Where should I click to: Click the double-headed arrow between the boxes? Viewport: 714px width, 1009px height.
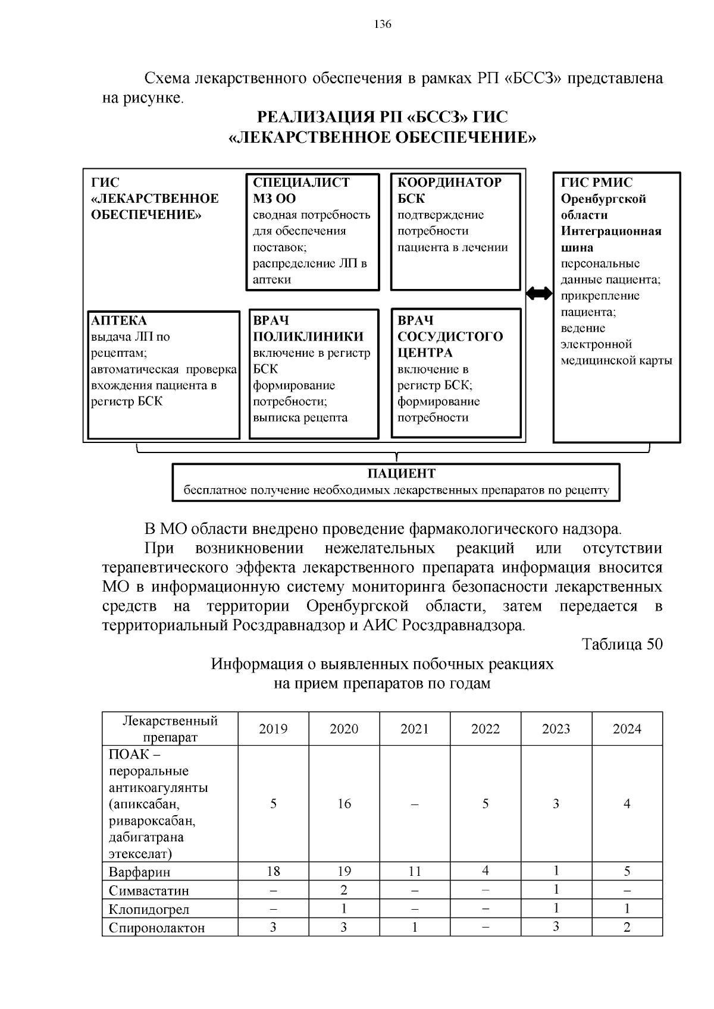tap(539, 293)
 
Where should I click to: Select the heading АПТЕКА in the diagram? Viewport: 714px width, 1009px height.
tap(118, 320)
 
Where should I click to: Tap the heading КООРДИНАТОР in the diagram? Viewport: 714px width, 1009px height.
tap(449, 182)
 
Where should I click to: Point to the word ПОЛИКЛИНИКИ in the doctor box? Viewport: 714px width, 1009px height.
tap(308, 337)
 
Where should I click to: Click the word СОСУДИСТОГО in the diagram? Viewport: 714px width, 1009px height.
tap(450, 337)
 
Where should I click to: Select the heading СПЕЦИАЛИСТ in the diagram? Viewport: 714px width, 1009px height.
tap(301, 182)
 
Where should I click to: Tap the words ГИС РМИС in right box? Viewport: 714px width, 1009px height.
tap(597, 183)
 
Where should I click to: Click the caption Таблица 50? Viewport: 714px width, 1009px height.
tap(621, 644)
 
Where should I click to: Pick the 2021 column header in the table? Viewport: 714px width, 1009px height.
tap(415, 729)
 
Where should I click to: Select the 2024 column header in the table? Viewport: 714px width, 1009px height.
tap(627, 729)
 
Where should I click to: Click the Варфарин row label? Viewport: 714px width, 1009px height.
tap(139, 872)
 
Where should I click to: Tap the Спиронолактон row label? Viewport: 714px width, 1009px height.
tap(156, 928)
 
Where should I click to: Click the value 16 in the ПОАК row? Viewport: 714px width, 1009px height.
tap(344, 803)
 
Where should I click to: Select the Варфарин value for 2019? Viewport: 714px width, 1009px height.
tap(273, 871)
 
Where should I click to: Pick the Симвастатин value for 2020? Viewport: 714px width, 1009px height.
tap(344, 889)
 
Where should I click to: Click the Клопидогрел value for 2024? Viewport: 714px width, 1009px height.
tap(627, 909)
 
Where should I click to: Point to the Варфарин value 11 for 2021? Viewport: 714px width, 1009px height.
tap(415, 871)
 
